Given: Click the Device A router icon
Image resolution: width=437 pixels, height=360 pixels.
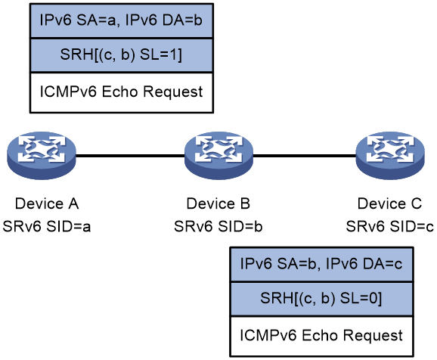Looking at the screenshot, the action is (x=42, y=155).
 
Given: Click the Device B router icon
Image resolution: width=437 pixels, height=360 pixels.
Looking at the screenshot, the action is (x=218, y=155).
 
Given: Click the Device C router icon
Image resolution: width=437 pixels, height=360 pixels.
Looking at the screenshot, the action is (x=390, y=155).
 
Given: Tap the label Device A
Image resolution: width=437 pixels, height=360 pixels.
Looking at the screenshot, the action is (x=47, y=203).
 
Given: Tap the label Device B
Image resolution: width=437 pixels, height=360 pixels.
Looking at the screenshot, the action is (x=218, y=203).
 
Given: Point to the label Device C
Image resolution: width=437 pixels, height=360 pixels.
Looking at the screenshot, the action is (x=389, y=203).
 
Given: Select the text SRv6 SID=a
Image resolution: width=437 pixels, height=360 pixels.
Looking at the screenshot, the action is (x=47, y=226).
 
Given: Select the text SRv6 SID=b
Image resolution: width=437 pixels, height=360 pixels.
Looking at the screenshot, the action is (x=218, y=226).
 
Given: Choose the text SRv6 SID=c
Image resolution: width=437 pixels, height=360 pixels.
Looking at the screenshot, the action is (x=390, y=226).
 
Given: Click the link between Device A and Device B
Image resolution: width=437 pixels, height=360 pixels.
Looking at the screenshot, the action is (x=130, y=155).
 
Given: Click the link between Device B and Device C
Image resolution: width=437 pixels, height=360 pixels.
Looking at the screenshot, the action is (x=305, y=155).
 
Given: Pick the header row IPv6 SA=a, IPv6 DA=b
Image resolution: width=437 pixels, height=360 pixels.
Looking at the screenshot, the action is (x=122, y=21).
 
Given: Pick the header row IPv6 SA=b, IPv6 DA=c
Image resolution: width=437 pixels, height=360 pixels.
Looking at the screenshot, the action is (x=321, y=265).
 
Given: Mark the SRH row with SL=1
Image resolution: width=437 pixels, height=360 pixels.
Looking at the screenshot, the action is (x=122, y=55).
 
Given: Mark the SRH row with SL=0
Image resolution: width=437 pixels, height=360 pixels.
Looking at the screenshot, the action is (x=321, y=299).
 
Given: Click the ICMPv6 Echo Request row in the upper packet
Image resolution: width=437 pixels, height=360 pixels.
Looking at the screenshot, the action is (x=122, y=92).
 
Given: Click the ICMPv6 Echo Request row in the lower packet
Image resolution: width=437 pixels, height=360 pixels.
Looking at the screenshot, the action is (x=321, y=336).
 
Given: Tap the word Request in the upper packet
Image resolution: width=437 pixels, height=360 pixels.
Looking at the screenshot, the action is (x=173, y=92).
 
